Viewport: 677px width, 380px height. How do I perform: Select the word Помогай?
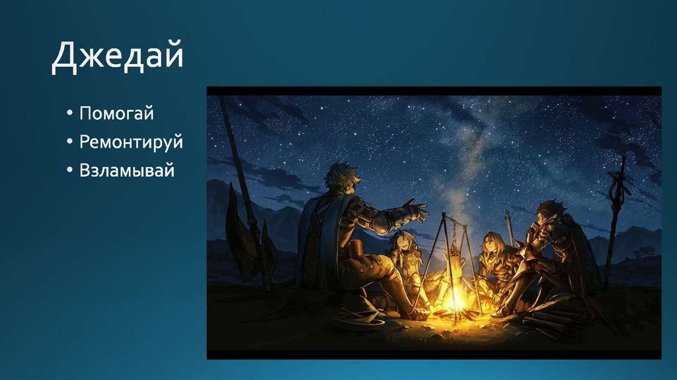[116, 113]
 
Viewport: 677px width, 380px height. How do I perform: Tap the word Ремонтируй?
[131, 142]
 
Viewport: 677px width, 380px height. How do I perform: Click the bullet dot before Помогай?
[69, 114]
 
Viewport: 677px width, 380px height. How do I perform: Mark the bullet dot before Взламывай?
[69, 171]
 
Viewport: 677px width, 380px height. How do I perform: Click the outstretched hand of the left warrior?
[415, 211]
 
